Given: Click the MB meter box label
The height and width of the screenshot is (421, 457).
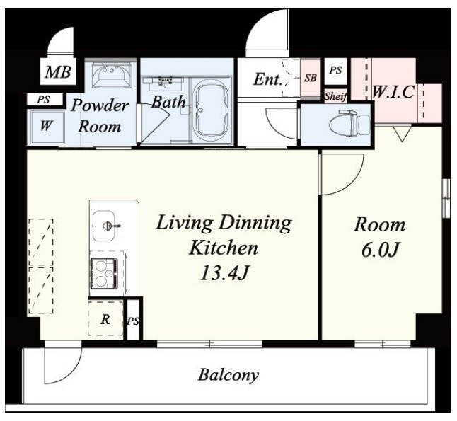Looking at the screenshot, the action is tap(58, 71).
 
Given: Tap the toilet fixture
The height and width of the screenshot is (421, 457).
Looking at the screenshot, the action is tap(349, 123).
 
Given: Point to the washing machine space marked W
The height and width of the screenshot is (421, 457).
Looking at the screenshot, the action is tap(46, 127).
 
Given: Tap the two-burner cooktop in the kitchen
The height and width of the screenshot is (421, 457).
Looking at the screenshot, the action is tap(104, 274).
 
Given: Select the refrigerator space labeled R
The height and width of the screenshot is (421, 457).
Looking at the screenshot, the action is tap(105, 318).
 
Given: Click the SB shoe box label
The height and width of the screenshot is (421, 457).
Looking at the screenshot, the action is tap(311, 78).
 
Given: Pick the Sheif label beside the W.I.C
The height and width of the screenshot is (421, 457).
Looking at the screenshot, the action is tap(336, 96).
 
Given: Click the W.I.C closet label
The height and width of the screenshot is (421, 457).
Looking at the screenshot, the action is tap(393, 92).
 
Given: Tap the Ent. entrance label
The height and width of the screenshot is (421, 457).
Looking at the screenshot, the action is tap(268, 79).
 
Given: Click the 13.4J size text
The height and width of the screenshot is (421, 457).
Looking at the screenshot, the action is tap(224, 274).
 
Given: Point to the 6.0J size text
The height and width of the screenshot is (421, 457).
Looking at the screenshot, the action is tap(379, 250).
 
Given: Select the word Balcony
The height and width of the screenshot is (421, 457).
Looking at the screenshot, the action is tap(228, 375).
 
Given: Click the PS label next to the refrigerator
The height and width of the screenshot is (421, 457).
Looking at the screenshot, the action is tap(133, 321).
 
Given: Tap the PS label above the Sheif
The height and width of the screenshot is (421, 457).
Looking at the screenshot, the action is tap(335, 70).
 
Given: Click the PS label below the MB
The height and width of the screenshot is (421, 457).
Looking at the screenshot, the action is tap(43, 100).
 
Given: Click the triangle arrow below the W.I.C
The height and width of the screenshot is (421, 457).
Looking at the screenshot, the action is tap(403, 134).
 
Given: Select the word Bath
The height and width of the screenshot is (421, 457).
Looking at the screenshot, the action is tap(169, 103).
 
